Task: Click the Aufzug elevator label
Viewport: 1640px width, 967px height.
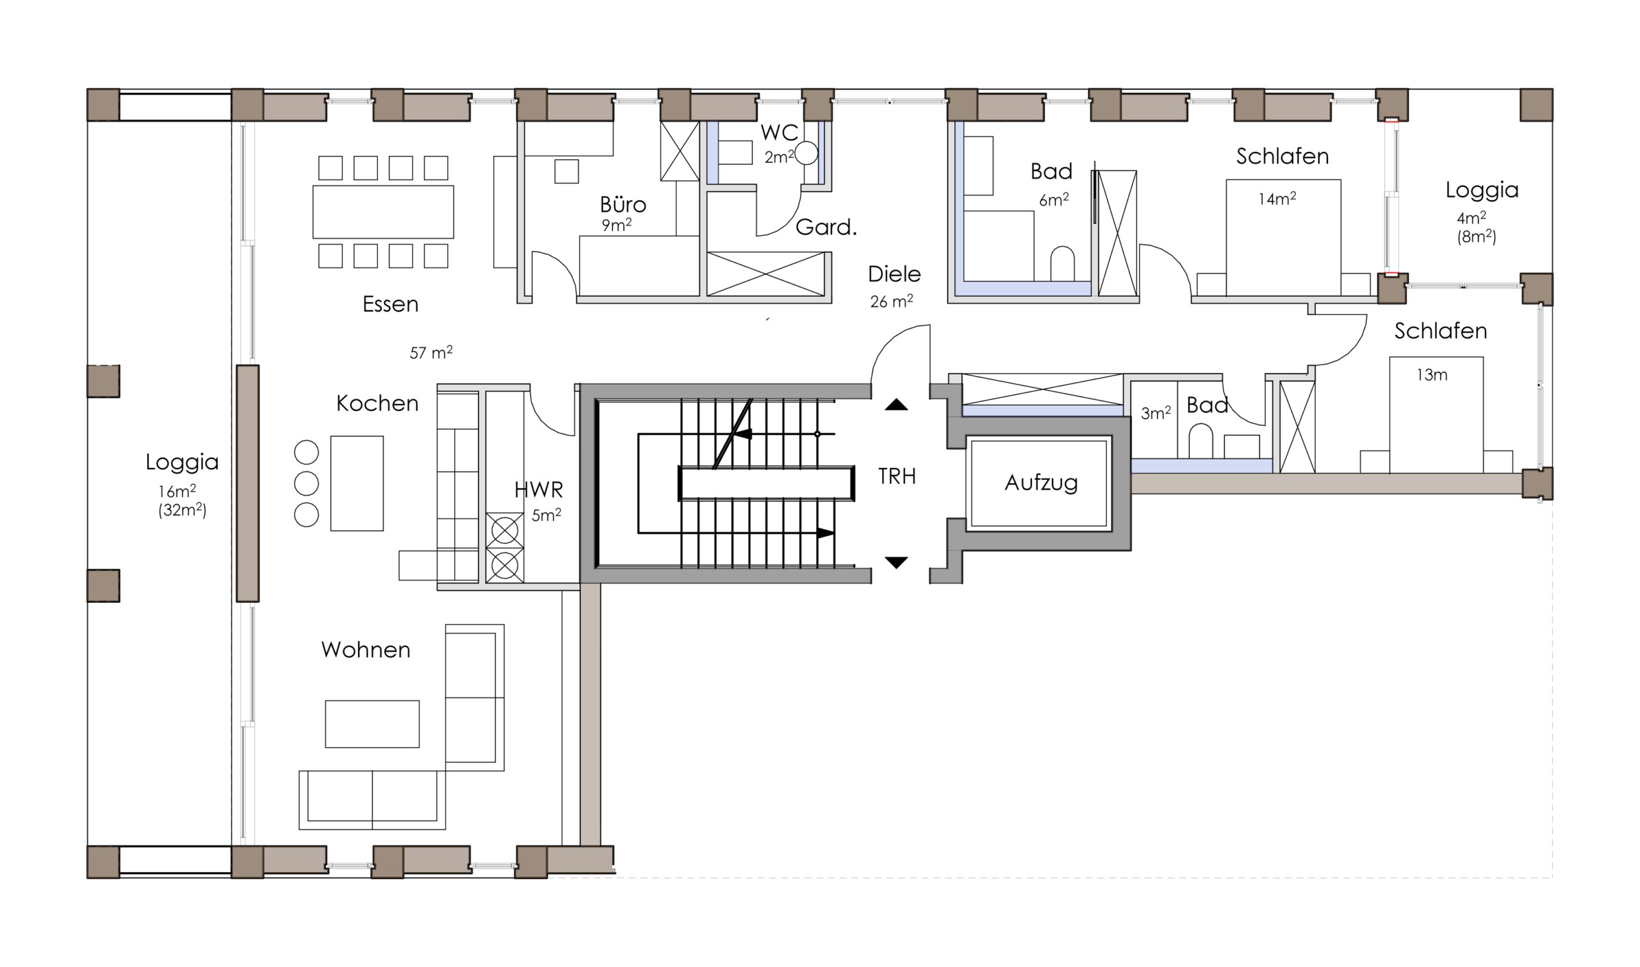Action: (x=1041, y=483)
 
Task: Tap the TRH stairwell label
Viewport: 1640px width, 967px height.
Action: (x=896, y=476)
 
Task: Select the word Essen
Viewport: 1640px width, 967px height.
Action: (x=390, y=304)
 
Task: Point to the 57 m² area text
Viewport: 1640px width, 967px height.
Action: (x=430, y=352)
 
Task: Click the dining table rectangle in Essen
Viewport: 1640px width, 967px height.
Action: (x=383, y=211)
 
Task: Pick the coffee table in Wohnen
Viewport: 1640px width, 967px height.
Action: (x=372, y=724)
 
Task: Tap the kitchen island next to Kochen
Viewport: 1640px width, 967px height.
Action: (x=356, y=483)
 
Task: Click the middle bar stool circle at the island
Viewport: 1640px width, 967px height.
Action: (x=306, y=483)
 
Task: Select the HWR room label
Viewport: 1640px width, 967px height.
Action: (x=538, y=490)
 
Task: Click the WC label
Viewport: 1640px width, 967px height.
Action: (x=779, y=132)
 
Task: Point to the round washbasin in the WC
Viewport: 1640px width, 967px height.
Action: (x=807, y=153)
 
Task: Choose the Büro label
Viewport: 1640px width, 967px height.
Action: (x=623, y=204)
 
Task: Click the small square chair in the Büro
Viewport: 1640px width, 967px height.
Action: (x=566, y=171)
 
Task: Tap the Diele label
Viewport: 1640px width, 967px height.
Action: (x=894, y=274)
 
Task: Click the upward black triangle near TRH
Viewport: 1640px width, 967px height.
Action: (x=896, y=404)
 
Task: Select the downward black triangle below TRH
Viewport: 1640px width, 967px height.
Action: (x=896, y=563)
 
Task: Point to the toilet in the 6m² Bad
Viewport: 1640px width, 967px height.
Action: (x=1062, y=264)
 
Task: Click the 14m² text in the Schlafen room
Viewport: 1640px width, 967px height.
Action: (x=1277, y=198)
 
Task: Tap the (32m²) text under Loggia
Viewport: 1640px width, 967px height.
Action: (x=182, y=509)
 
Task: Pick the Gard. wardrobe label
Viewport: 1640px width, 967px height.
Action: (x=826, y=227)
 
